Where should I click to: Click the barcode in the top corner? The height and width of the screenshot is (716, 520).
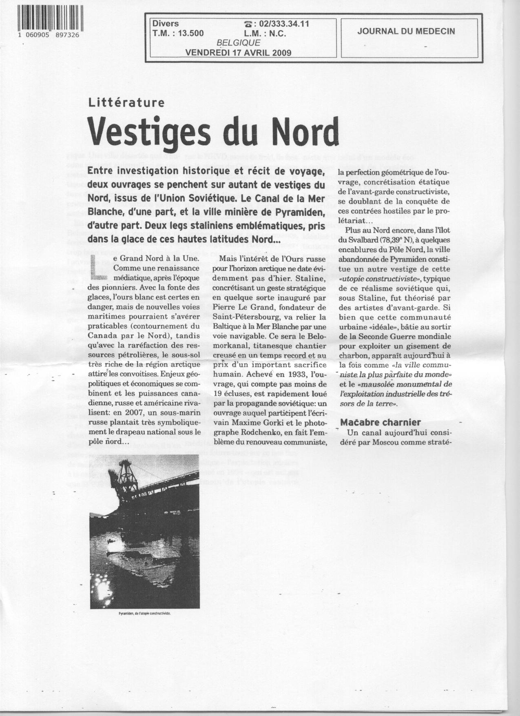51,19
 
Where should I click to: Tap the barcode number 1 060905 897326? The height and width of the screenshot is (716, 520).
51,35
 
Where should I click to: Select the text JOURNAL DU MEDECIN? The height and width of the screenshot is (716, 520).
406,31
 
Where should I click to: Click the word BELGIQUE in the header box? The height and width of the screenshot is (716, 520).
239,42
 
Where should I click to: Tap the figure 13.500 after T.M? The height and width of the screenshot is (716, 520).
191,33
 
